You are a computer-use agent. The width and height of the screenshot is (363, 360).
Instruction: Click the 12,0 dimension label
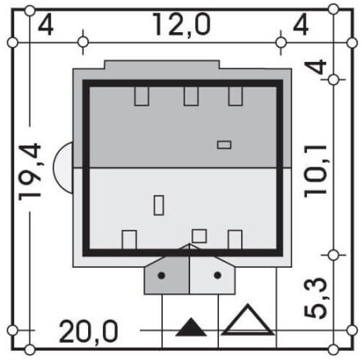click(181, 26)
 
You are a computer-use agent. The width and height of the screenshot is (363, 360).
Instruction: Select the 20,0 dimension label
click(88, 331)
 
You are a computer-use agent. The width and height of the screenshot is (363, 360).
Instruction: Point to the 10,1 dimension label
click(315, 171)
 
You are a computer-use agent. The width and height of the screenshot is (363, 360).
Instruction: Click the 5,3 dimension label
click(315, 298)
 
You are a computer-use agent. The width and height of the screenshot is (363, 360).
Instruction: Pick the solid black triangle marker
click(191, 327)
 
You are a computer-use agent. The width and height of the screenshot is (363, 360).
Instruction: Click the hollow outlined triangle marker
click(248, 320)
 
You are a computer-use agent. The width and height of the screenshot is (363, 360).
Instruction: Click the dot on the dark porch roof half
click(161, 275)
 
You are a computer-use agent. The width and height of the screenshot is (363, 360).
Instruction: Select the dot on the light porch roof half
click(217, 275)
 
